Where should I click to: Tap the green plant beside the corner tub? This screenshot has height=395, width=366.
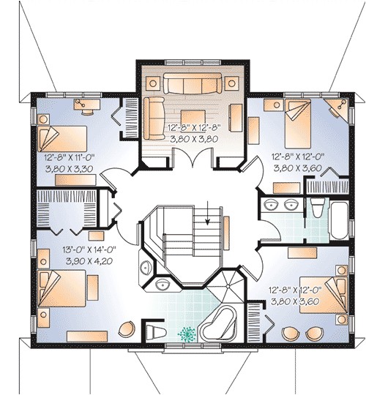click(x=184, y=333)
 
